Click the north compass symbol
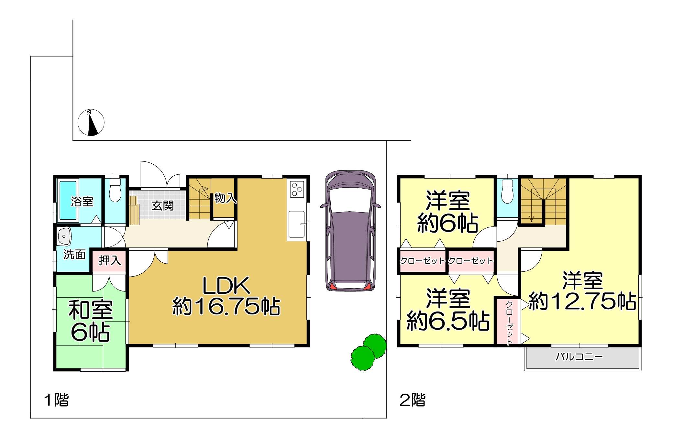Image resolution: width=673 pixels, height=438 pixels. [x=91, y=122]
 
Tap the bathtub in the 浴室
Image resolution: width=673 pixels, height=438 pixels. [x=68, y=200]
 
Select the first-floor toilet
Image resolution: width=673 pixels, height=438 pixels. [x=115, y=190]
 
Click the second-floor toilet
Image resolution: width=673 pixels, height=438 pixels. [x=507, y=191]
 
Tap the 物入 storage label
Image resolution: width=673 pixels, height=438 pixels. [x=226, y=198]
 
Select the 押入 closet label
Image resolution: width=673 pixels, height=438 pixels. [x=110, y=260]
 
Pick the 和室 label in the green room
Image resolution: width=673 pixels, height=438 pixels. [x=91, y=310]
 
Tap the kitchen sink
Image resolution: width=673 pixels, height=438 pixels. [x=296, y=224]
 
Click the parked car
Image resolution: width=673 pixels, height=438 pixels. [x=350, y=231]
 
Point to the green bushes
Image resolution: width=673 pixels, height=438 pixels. [x=369, y=352]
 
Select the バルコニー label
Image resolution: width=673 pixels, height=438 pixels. [x=579, y=357]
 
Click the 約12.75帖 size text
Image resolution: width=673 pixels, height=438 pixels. [x=582, y=301]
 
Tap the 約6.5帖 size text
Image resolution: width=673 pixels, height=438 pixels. [x=448, y=321]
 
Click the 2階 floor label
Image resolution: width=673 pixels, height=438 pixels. [x=413, y=400]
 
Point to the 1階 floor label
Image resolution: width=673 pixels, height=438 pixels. [x=57, y=400]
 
